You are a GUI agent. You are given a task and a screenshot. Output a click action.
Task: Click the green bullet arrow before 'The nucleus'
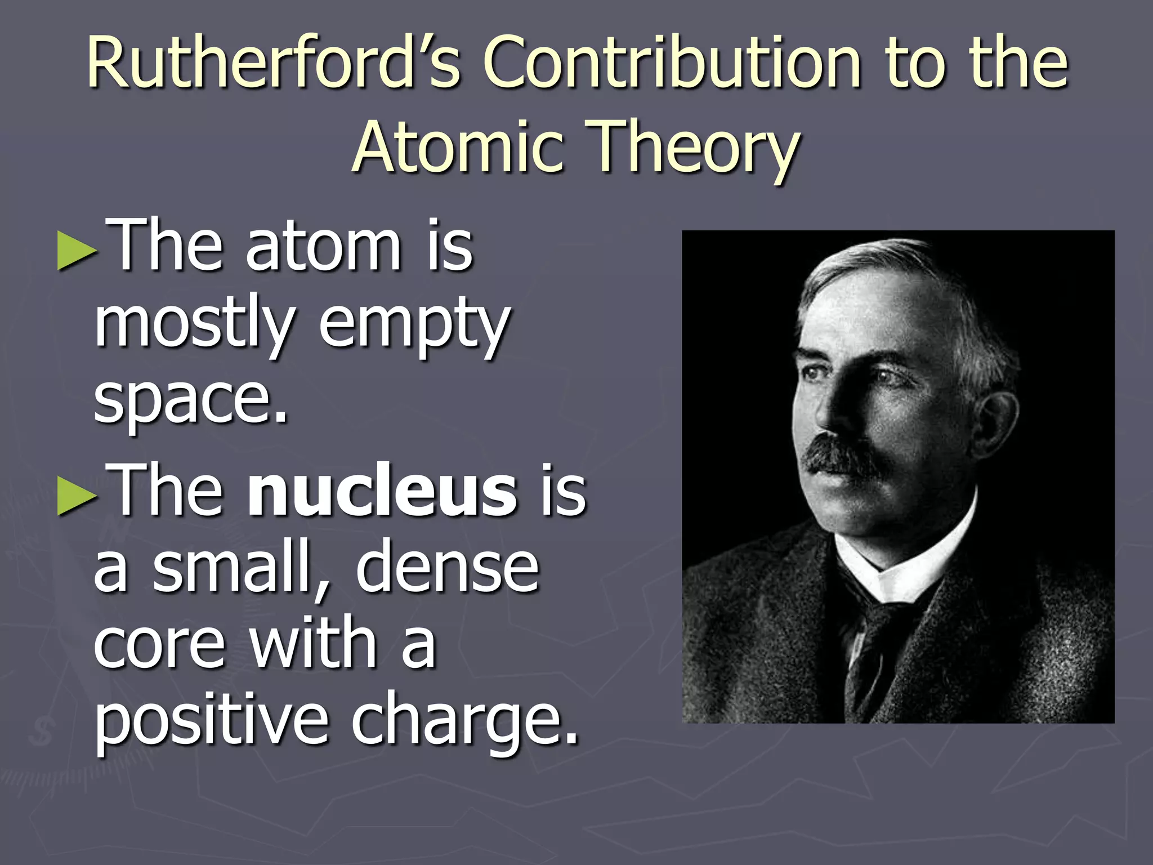(77, 496)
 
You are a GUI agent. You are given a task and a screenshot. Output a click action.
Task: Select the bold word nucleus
(383, 490)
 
